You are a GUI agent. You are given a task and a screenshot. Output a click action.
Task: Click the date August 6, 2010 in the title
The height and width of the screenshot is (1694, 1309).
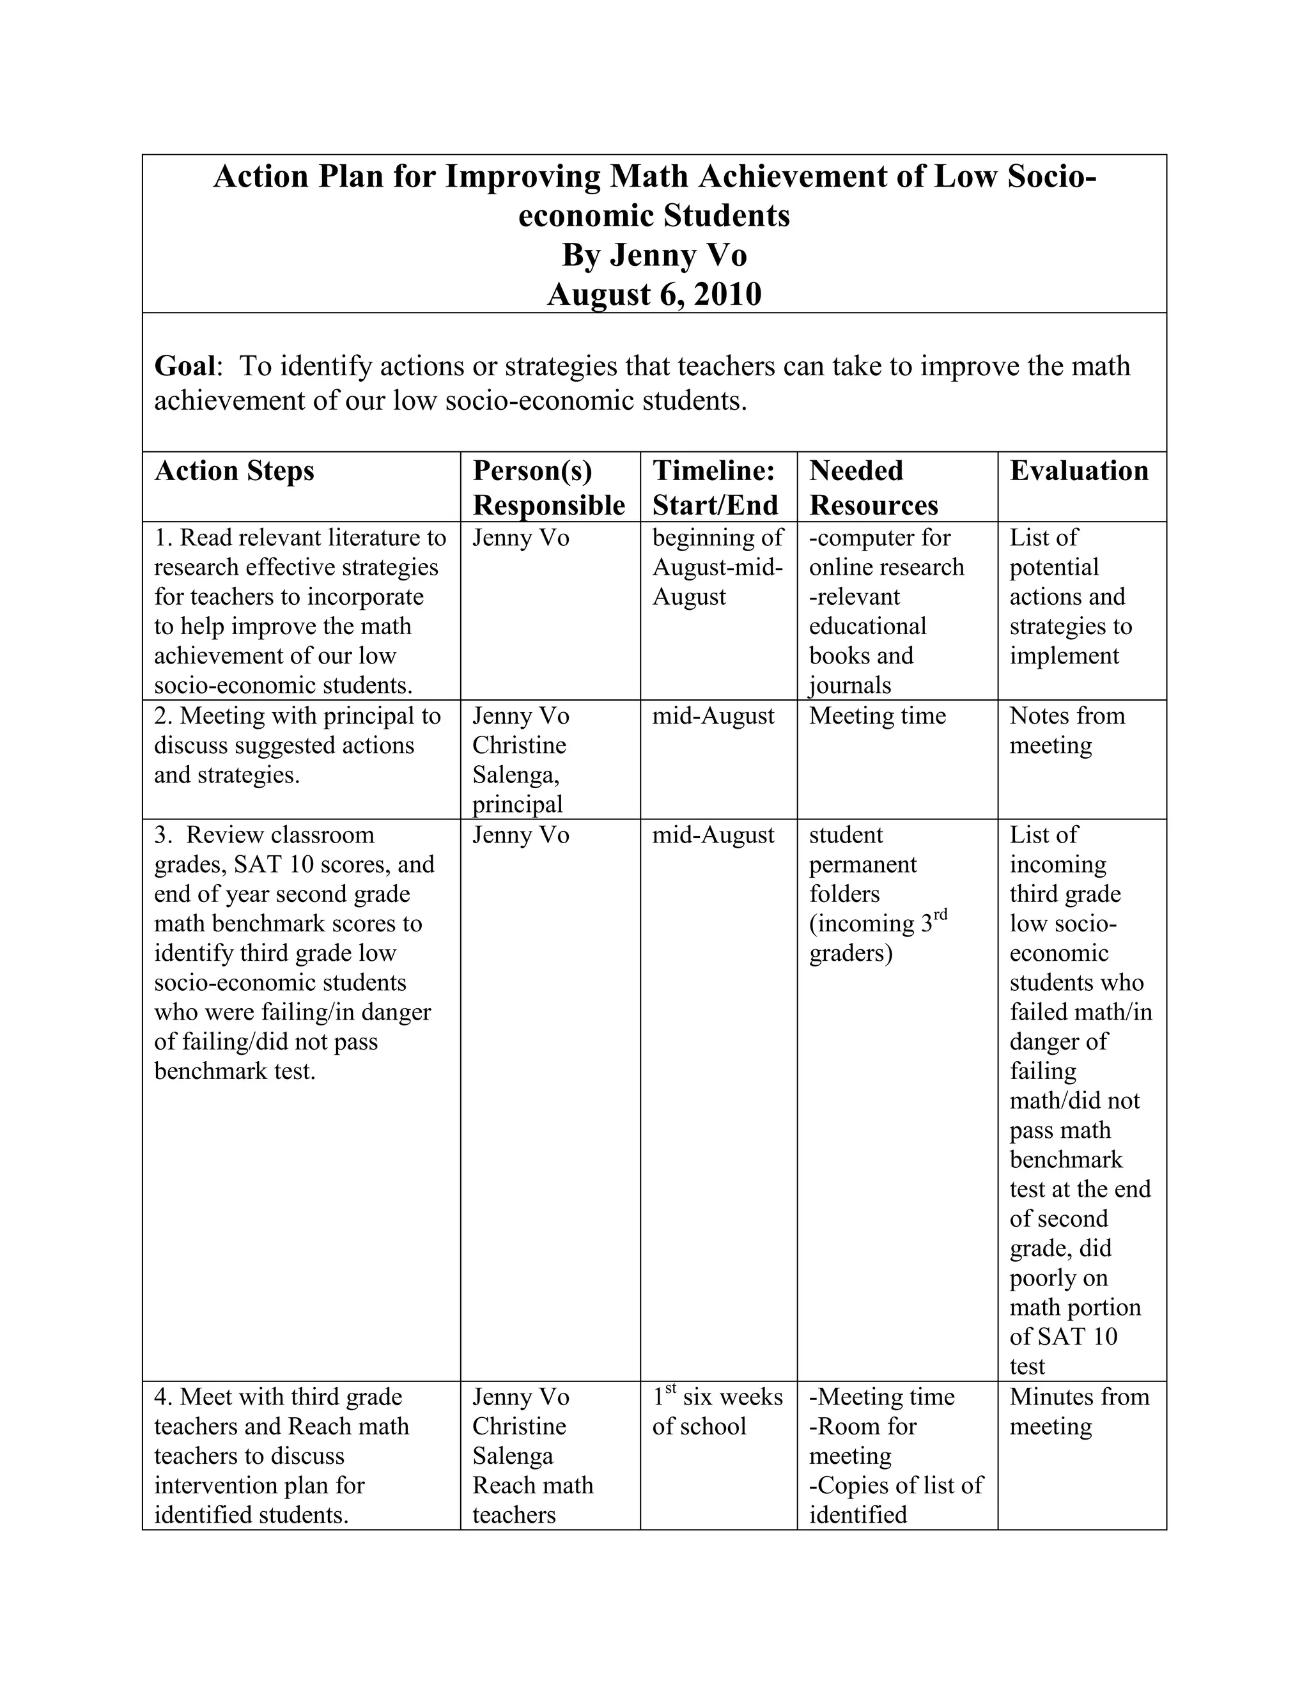tap(654, 295)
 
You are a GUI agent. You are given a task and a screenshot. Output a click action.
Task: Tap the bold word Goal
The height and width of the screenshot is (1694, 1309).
tap(185, 366)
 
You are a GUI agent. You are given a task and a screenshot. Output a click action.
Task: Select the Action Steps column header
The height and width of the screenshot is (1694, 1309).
tap(234, 472)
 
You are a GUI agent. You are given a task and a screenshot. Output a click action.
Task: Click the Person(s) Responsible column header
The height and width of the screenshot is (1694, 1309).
tap(548, 488)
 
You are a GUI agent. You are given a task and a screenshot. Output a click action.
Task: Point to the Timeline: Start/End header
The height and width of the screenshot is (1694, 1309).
tap(714, 488)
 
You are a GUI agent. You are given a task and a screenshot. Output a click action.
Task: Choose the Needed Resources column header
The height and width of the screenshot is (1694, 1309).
tap(873, 488)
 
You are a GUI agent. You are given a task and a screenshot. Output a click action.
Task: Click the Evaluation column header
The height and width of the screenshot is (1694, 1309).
tap(1078, 472)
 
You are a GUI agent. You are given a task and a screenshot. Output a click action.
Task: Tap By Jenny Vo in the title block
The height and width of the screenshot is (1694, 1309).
tap(654, 255)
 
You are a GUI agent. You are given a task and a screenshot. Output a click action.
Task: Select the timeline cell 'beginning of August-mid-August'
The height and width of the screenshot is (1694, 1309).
tap(717, 567)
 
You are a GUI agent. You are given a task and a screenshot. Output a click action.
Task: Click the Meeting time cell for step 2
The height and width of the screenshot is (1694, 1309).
tap(877, 715)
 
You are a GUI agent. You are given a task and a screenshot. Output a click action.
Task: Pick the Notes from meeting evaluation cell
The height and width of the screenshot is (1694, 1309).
tap(1066, 730)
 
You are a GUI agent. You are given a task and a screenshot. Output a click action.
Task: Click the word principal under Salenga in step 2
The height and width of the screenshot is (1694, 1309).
tap(517, 804)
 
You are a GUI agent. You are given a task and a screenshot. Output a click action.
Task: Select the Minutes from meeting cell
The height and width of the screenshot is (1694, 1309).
tap(1079, 1411)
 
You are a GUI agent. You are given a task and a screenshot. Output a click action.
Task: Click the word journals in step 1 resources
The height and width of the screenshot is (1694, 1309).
tap(850, 686)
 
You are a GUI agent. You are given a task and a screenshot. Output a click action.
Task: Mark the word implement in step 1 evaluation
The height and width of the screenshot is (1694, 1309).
tap(1064, 657)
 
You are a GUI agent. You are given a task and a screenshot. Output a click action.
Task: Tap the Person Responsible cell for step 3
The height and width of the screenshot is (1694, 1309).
tap(520, 835)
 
